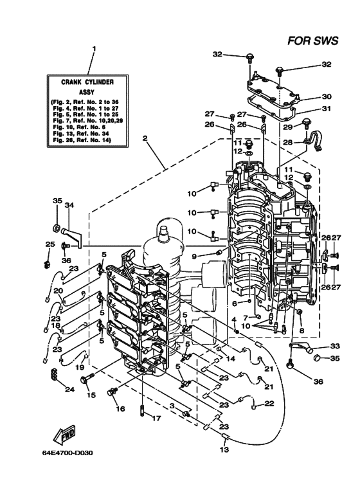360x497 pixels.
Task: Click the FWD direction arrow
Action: coord(64,434)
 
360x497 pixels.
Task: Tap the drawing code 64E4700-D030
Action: coord(67,453)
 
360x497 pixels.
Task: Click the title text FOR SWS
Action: coord(313,41)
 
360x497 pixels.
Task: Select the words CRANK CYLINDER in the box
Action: coord(87,82)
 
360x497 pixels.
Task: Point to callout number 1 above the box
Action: coord(94,49)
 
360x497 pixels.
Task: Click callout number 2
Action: coord(145,138)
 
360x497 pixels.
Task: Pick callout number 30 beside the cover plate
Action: coord(327,96)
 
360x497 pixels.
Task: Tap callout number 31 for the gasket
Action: coord(327,109)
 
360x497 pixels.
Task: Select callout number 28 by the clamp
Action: coord(287,142)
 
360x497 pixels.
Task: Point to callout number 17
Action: coord(156,419)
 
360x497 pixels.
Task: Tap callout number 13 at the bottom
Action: coord(224,449)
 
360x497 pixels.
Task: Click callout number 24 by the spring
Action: coord(69,389)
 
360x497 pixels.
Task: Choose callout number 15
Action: coord(91,395)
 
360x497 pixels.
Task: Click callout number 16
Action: coord(120,408)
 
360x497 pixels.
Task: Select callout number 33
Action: coord(335,345)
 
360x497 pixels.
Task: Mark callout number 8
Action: coord(301,330)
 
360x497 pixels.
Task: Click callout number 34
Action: coord(69,205)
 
